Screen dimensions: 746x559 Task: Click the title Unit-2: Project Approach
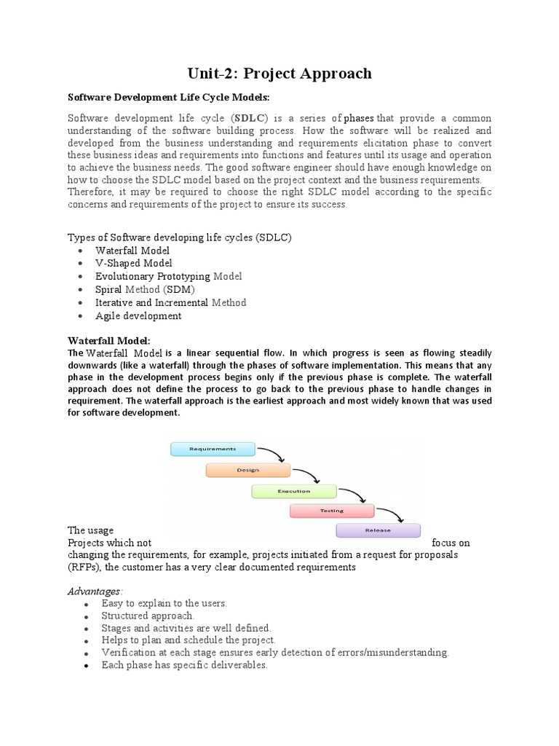point(279,73)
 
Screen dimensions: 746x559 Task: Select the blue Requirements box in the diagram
point(213,449)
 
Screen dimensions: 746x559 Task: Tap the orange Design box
point(247,470)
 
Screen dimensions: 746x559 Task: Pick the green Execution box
point(294,490)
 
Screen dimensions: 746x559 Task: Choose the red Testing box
point(332,511)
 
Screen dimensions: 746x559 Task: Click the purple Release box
point(377,531)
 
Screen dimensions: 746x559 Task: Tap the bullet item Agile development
point(138,315)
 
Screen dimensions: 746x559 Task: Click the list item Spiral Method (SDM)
point(145,289)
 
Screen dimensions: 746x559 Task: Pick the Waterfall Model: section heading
point(109,340)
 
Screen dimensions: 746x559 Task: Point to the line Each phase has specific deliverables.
point(185,665)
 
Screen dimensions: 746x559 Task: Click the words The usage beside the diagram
point(90,530)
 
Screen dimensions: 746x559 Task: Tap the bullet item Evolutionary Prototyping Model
point(169,276)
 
